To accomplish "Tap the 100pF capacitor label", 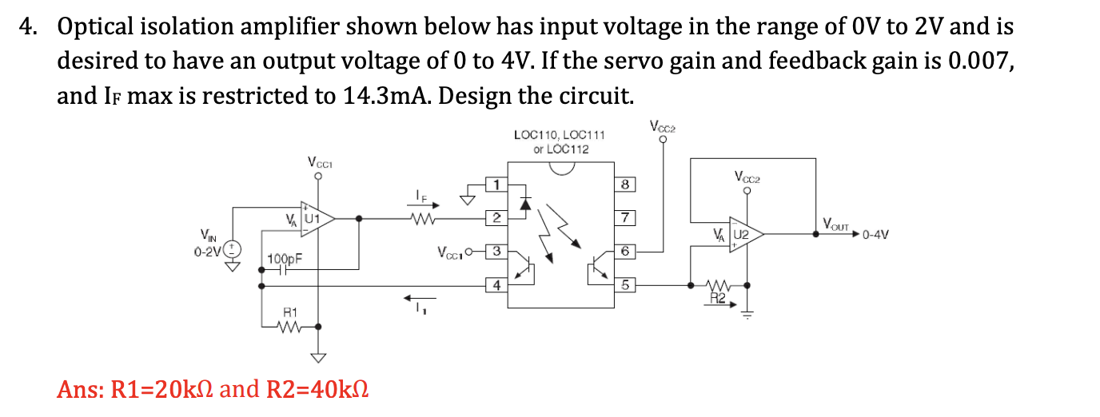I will coord(283,259).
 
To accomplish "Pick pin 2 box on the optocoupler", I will coord(496,217).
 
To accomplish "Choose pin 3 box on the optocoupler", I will coord(496,251).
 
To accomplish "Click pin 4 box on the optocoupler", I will coord(496,284).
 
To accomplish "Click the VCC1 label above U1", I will coord(318,162).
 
